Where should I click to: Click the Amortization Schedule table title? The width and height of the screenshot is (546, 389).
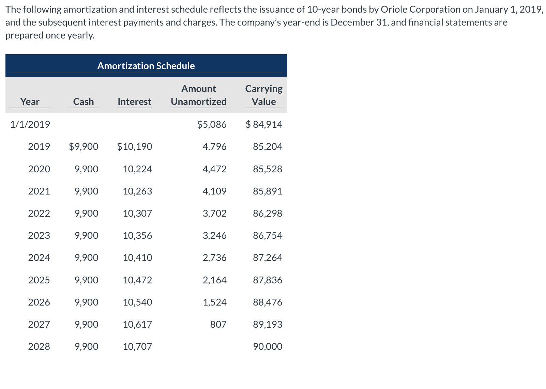[x=146, y=66]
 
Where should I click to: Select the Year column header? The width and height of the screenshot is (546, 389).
[x=30, y=102]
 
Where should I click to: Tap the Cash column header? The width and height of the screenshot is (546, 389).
[x=83, y=102]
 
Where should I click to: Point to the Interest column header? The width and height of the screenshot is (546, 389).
[x=134, y=102]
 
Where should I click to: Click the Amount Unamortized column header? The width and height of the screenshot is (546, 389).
[x=199, y=95]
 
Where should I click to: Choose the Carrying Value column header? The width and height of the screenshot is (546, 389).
[x=264, y=95]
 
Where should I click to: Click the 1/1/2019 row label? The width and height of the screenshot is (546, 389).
[x=30, y=124]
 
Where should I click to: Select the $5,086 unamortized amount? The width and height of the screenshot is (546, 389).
[x=212, y=124]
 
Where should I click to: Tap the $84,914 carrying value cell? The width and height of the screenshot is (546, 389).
[x=264, y=124]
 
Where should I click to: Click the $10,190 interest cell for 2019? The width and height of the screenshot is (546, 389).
[x=134, y=147]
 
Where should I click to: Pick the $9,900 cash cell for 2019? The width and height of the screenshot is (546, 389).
[x=84, y=147]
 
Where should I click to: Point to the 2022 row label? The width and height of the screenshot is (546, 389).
[x=39, y=214]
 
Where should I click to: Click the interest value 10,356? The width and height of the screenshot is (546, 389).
[x=137, y=236]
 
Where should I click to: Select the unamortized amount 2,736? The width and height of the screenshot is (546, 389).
[x=214, y=258]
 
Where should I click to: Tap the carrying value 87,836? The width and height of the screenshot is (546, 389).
[x=268, y=280]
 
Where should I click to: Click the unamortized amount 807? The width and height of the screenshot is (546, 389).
[x=218, y=324]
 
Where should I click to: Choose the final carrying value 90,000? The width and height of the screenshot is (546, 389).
[x=268, y=347]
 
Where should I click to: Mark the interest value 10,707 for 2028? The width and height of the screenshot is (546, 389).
[x=137, y=347]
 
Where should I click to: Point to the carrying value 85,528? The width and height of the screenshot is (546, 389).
[x=268, y=169]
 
